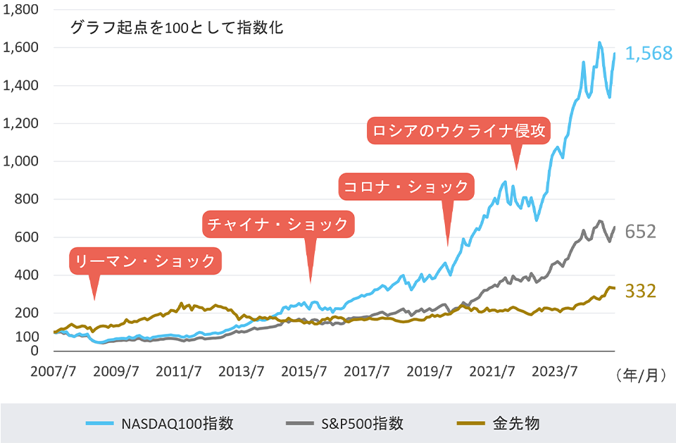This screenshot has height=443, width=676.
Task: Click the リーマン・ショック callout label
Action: (146, 261)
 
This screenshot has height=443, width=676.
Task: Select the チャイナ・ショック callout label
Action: (279, 224)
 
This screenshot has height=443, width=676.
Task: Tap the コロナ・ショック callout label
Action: (406, 187)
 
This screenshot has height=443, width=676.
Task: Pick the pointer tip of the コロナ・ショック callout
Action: (447, 246)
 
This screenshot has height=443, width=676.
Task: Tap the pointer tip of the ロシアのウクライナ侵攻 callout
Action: (517, 169)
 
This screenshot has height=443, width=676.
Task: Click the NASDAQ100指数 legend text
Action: (177, 423)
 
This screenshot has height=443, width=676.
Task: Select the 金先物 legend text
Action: (516, 423)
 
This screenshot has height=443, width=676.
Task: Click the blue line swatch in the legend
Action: (100, 423)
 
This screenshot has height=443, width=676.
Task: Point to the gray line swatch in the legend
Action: (301, 423)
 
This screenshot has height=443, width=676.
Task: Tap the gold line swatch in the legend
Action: (471, 423)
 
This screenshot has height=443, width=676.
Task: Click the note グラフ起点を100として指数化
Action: (177, 29)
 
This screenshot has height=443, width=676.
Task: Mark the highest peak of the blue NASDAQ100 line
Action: (599, 43)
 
